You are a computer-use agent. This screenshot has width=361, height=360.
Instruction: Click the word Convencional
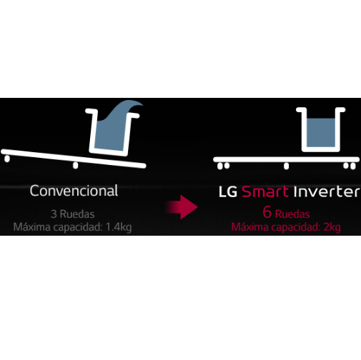coord(74,191)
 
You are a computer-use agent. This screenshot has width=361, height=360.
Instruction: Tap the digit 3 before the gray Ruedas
coord(54,214)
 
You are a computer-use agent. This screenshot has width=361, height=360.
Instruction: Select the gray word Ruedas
coord(77,214)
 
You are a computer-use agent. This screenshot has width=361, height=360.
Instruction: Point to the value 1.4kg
coord(119,227)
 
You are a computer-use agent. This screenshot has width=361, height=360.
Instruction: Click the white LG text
coord(228,191)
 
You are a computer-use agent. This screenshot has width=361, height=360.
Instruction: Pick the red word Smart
coord(265,191)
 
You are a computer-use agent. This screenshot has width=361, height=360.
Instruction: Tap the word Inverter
coord(327,191)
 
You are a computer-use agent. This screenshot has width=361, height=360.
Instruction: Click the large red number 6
coord(267,212)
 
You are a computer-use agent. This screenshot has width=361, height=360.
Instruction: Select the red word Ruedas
coord(292,214)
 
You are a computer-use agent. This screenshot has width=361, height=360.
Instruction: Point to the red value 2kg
coord(332,227)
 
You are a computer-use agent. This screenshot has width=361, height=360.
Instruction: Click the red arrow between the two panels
coord(182,207)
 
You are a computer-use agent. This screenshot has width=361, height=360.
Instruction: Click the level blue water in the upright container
coord(321,133)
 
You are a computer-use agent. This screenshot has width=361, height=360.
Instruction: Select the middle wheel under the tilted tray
coord(76,165)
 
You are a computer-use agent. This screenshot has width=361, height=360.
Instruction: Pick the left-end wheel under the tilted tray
coord(7,159)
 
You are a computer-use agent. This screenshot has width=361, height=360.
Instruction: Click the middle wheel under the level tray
coord(287,166)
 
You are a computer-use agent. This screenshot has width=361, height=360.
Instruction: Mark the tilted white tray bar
coord(74,159)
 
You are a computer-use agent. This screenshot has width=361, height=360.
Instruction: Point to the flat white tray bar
coord(286,159)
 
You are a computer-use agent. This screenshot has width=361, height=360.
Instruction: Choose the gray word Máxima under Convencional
coord(32,227)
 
